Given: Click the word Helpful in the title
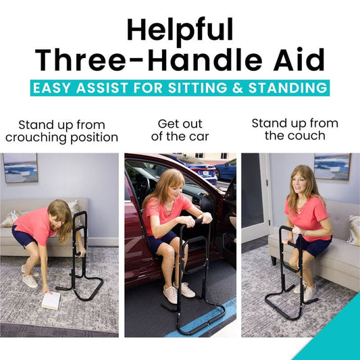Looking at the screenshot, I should [x=180, y=30].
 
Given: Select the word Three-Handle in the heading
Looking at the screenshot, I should [x=143, y=61].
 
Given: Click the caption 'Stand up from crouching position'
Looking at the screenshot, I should [x=61, y=131].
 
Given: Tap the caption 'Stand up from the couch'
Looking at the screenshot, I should [x=294, y=130].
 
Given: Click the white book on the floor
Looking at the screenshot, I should [x=51, y=300].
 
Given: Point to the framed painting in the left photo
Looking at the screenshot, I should [x=20, y=168].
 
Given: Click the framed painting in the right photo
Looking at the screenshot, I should [x=332, y=166].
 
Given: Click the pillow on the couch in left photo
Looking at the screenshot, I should [x=11, y=217].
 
